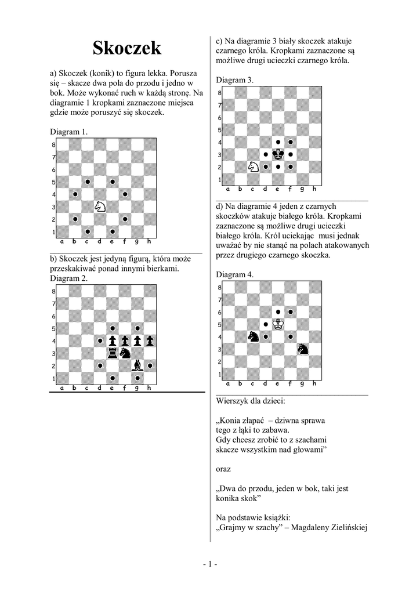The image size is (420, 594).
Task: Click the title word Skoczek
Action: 127,49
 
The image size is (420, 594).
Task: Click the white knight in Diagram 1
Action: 100,207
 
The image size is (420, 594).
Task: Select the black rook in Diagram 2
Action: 112,353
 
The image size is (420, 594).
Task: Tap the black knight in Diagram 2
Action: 125,353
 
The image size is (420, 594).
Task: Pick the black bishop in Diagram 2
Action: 137,365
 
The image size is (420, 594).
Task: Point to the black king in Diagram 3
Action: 278,154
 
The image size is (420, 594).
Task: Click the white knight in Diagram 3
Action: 254,167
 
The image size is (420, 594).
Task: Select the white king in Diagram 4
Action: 278,324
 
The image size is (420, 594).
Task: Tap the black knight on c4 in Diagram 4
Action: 254,336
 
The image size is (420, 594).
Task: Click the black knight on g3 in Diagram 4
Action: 303,349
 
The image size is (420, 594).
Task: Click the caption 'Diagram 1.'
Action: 69,132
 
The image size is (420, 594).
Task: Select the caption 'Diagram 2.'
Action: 69,278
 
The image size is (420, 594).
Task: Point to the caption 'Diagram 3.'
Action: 235,80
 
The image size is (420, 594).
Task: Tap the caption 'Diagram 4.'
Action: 235,274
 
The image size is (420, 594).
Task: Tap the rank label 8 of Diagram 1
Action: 53,145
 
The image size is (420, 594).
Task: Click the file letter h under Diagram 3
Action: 315,189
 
